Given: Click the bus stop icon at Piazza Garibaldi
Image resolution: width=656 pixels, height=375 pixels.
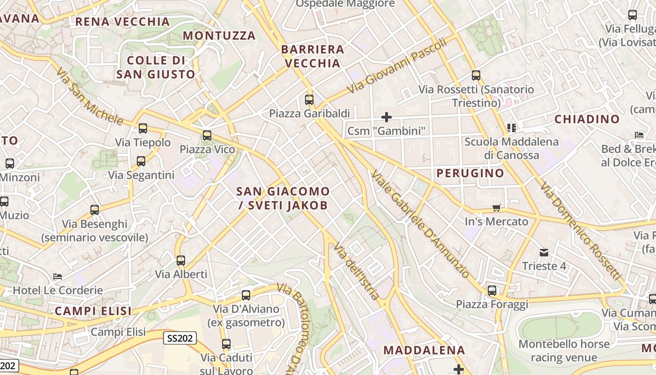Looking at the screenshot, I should tap(309, 99).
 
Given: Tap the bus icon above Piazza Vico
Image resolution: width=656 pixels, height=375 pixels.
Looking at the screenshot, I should tap(207, 135).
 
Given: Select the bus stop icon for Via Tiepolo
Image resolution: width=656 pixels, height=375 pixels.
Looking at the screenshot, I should tap(143, 128).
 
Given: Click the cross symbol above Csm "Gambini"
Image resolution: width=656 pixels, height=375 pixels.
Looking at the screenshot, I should tap(387, 117).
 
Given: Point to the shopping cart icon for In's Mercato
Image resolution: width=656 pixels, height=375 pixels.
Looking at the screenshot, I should tap(497, 208).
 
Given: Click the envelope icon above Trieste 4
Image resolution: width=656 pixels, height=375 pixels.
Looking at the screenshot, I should tap(544, 253).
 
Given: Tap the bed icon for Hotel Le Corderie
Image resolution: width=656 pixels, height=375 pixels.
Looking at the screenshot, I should tap(58, 277).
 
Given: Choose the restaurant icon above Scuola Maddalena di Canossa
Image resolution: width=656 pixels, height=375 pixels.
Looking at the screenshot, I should tap(511, 127).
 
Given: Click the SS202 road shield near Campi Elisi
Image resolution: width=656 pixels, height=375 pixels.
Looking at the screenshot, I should tap(180, 338).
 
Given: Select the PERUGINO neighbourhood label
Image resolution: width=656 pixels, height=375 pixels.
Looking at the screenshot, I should tap(470, 173).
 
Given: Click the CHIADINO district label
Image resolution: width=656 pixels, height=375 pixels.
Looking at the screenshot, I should tap(587, 119).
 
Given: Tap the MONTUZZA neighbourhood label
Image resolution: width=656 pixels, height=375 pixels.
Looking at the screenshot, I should tap(219, 36).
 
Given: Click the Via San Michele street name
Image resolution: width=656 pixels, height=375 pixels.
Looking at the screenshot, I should tap(89, 97).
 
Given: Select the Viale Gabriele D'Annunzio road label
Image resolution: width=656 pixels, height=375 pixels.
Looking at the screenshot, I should tap(420, 224).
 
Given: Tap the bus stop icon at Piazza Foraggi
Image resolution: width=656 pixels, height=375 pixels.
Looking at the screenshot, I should tap(492, 291).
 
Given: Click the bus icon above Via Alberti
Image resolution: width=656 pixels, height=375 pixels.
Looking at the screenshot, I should tap(181, 261).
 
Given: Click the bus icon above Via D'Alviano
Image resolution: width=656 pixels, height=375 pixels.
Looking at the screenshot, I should tap(246, 295).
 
